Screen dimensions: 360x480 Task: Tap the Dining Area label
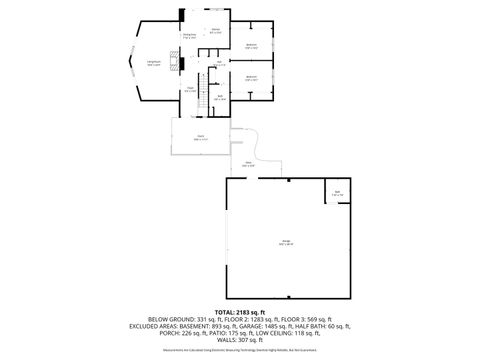pos(188,37)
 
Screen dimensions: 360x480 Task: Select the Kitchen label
pos(215,31)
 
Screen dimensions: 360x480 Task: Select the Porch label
pos(200,137)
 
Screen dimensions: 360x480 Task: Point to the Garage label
pos(286,242)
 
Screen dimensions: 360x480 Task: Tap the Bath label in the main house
pos(220,98)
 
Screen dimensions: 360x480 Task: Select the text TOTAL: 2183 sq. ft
pos(239,313)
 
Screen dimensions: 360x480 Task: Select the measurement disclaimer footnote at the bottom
pos(239,351)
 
